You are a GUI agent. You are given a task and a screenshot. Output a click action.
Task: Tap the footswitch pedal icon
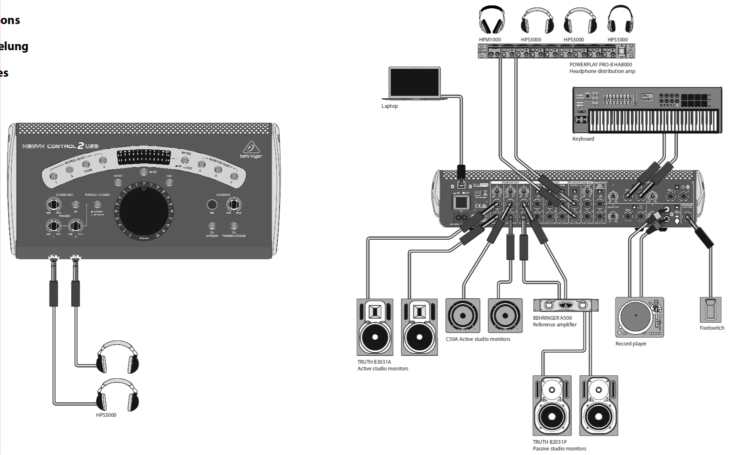pyautogui.click(x=711, y=309)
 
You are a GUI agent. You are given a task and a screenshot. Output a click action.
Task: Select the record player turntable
pyautogui.click(x=639, y=317)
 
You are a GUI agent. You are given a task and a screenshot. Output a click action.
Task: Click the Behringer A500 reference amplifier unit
pyautogui.click(x=565, y=305)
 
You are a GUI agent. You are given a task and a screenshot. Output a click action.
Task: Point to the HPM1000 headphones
pyautogui.click(x=491, y=20)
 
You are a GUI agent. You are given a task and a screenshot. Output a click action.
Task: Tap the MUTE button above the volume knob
pyautogui.click(x=144, y=172)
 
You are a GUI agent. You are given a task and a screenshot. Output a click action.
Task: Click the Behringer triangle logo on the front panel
pyautogui.click(x=251, y=148)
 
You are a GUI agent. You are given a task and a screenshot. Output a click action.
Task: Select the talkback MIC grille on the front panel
pyautogui.click(x=212, y=204)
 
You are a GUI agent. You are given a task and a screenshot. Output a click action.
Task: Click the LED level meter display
pyautogui.click(x=144, y=158)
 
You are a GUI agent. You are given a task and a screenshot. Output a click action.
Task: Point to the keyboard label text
pyautogui.click(x=583, y=139)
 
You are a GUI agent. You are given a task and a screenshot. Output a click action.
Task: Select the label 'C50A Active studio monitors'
pyautogui.click(x=478, y=339)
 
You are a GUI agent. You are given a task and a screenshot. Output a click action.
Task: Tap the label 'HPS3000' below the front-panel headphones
pyautogui.click(x=106, y=415)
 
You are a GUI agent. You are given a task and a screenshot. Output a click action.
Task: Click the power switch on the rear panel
pyautogui.click(x=461, y=202)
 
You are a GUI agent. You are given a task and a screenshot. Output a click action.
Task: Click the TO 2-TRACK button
pyautogui.click(x=212, y=226)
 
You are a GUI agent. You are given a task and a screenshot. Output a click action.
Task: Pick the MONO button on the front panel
pyautogui.click(x=118, y=182)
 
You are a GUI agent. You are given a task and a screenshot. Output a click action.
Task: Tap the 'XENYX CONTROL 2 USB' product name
pyautogui.click(x=60, y=146)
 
